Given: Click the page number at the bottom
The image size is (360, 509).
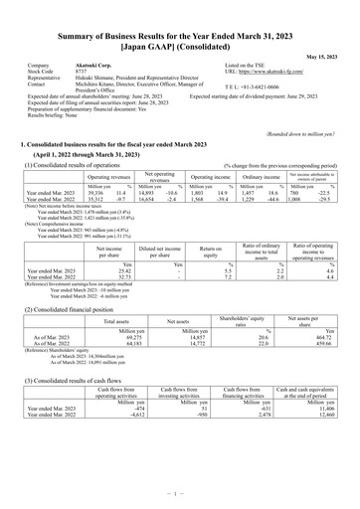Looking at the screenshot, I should (x=180, y=494).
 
